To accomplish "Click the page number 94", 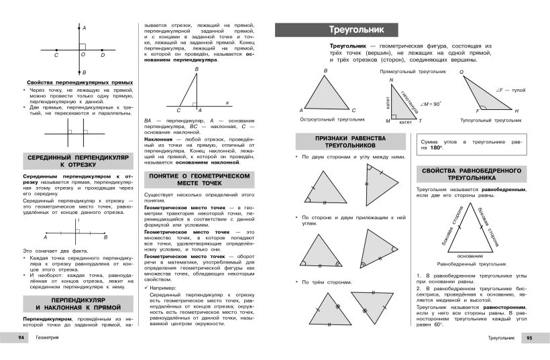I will pyautogui.click(x=20, y=339).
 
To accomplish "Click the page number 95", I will pyautogui.click(x=529, y=339).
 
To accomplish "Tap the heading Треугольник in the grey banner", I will pyautogui.click(x=353, y=30).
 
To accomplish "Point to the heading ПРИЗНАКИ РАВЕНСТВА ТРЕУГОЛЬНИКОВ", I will pyautogui.click(x=350, y=141).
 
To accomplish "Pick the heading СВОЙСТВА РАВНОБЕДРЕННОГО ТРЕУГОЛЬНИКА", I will pyautogui.click(x=478, y=174).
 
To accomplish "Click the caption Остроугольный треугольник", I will pyautogui.click(x=332, y=119).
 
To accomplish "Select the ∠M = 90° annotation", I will pyautogui.click(x=431, y=105).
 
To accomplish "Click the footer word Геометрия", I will pyautogui.click(x=48, y=339).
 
